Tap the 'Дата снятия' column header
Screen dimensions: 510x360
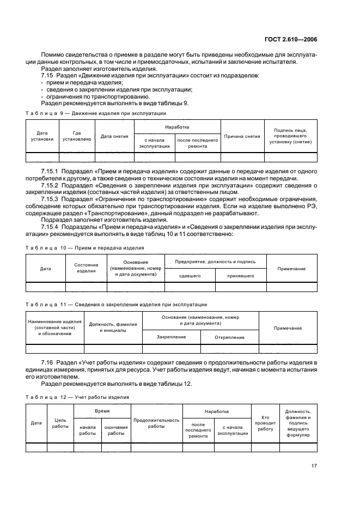[114, 136]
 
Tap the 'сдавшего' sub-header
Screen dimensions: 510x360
[191, 276]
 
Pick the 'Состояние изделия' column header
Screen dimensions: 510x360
[86, 268]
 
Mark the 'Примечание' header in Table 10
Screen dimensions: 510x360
[291, 269]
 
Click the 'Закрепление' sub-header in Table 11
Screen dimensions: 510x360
[171, 337]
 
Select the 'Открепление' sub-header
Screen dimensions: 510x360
[229, 337]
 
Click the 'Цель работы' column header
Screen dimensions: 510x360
[60, 423]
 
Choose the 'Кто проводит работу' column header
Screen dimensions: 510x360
[265, 423]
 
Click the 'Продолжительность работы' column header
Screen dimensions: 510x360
[156, 423]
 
